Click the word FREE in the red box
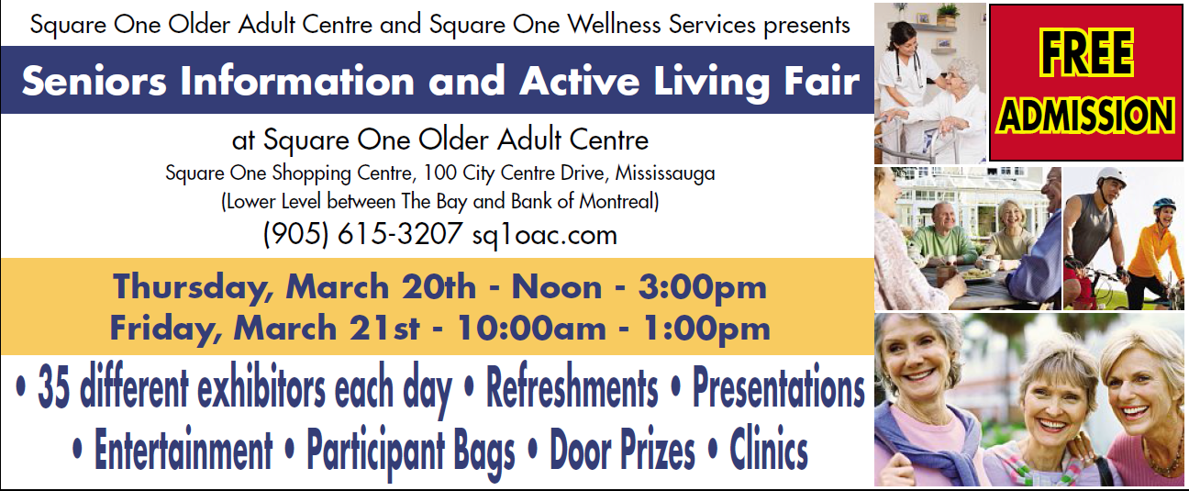pos(1086,52)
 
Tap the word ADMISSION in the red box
pos(1086,116)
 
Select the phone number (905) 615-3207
pos(363,234)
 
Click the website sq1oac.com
pos(545,235)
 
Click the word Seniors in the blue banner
pos(94,81)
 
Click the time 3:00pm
pos(702,288)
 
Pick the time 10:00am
pos(531,328)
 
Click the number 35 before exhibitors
pos(53,388)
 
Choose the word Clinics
pos(769,449)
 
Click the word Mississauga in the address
pos(665,174)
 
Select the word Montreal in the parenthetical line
pos(618,201)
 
